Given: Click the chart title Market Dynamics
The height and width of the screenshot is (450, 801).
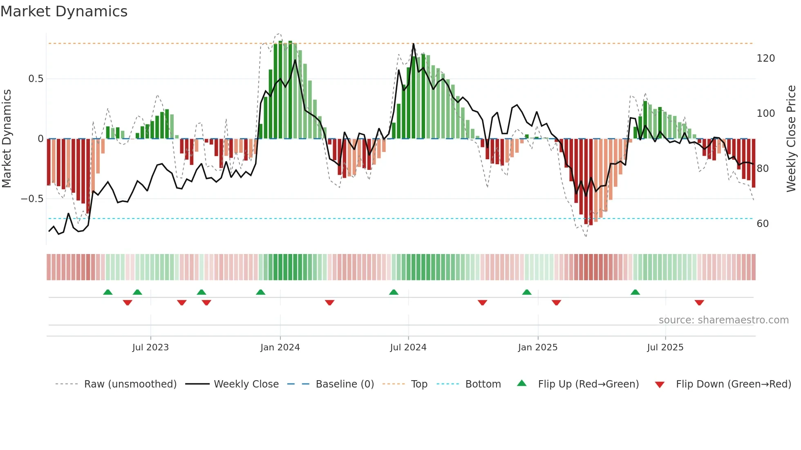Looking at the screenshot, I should [64, 11].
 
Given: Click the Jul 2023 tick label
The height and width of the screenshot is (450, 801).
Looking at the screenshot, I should [150, 347].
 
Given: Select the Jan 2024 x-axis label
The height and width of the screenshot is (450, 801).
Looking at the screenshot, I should [280, 347].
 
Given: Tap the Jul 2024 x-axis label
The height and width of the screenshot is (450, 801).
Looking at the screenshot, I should [408, 347].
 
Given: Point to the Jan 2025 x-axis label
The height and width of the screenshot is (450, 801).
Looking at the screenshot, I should [537, 347].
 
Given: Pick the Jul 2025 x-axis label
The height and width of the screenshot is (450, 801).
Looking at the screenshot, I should [665, 347].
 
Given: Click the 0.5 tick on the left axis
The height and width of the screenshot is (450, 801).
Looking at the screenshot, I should [36, 79].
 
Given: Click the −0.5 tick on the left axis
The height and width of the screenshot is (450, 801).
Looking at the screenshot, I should [32, 199].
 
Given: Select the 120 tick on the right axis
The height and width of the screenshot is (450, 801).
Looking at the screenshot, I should [765, 58].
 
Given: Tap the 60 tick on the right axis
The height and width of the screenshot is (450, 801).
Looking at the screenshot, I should [763, 224].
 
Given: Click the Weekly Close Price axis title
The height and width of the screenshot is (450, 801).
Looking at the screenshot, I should [791, 139].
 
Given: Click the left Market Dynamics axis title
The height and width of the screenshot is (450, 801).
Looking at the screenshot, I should [7, 139].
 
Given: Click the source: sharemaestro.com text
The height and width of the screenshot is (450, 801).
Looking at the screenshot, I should [723, 320].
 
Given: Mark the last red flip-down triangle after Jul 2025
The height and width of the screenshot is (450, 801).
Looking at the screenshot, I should [699, 303].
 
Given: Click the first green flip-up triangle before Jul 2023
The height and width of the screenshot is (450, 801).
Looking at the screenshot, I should [107, 292].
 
